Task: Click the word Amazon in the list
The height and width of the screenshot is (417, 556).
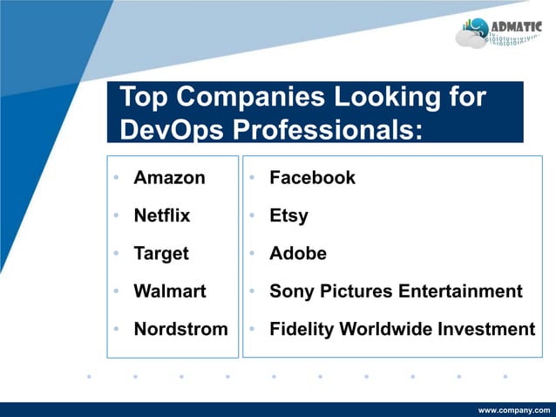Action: (169, 178)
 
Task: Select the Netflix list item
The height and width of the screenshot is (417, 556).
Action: (161, 215)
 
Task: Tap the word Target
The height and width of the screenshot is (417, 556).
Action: (160, 254)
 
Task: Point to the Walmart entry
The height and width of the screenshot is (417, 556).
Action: (169, 291)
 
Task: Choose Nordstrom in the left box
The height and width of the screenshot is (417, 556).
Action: (180, 330)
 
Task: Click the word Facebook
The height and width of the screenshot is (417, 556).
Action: (312, 178)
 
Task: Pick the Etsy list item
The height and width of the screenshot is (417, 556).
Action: (288, 215)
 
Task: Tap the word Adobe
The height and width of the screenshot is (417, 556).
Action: (298, 254)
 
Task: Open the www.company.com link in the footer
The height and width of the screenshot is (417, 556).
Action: (514, 409)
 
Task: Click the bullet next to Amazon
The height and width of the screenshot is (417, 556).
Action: (115, 179)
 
